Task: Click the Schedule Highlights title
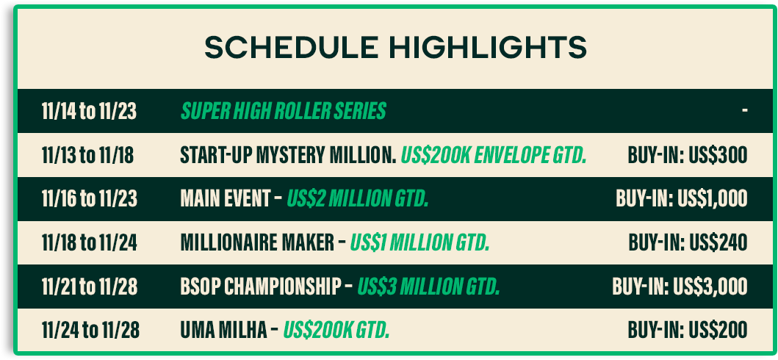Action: (x=395, y=48)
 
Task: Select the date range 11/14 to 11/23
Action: (x=89, y=112)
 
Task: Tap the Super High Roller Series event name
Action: (x=284, y=112)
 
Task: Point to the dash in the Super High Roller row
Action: (x=745, y=111)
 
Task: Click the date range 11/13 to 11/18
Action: (x=88, y=155)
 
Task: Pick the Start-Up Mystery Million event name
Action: (x=288, y=155)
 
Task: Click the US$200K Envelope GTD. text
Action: (x=494, y=155)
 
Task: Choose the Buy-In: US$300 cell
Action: (x=688, y=155)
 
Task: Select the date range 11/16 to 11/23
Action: (x=90, y=199)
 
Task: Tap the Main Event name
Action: (x=226, y=199)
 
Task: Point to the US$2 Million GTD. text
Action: (x=357, y=199)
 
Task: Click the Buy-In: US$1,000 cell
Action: (x=682, y=199)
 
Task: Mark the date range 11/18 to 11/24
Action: (x=90, y=242)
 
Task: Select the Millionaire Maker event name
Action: (x=258, y=242)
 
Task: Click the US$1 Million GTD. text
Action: (x=419, y=242)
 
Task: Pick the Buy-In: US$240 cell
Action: (x=688, y=242)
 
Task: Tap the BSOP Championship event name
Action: (x=261, y=286)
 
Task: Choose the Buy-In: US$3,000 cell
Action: (x=680, y=286)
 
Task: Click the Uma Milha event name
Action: (x=224, y=330)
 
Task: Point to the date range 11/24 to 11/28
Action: (x=90, y=330)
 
